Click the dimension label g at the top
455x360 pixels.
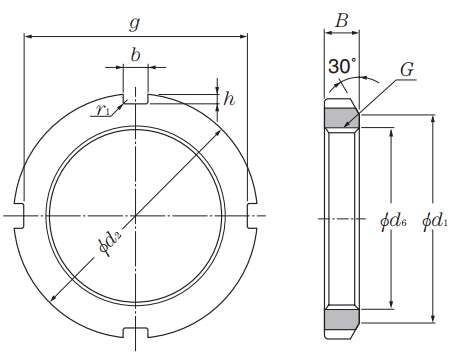[134, 24]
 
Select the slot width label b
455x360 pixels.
[135, 55]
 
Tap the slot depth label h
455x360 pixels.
[229, 99]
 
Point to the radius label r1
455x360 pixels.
[103, 110]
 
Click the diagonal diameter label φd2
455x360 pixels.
[110, 244]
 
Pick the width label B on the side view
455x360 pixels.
[342, 21]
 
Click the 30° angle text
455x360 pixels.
[342, 66]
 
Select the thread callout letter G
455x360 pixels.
[407, 70]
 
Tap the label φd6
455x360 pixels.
[393, 221]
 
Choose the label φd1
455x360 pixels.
[435, 221]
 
